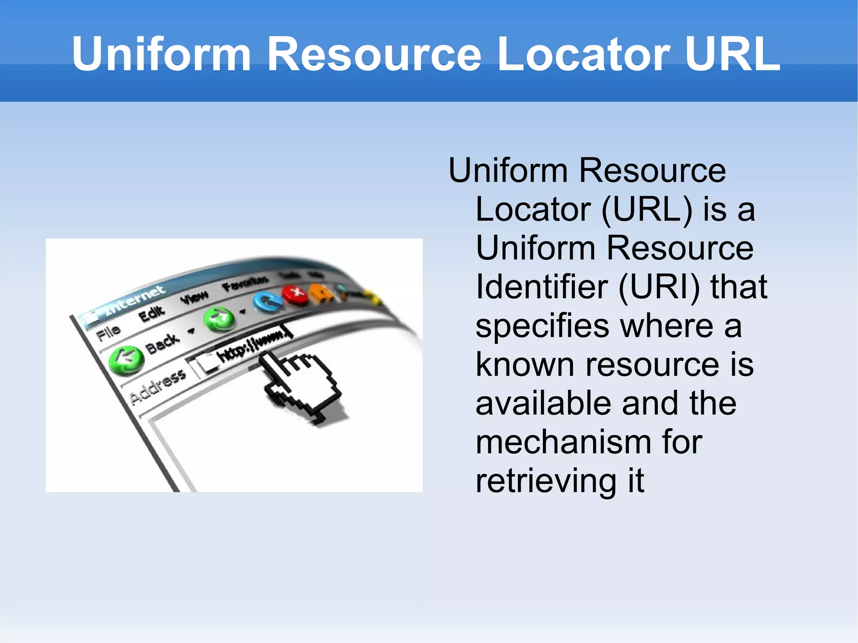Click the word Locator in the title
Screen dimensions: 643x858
pyautogui.click(x=584, y=54)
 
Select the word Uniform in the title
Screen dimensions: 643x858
pyautogui.click(x=161, y=54)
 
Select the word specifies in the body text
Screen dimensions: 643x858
pyautogui.click(x=542, y=327)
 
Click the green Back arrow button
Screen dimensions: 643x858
pyautogui.click(x=126, y=359)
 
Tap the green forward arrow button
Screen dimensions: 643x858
pyautogui.click(x=219, y=318)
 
